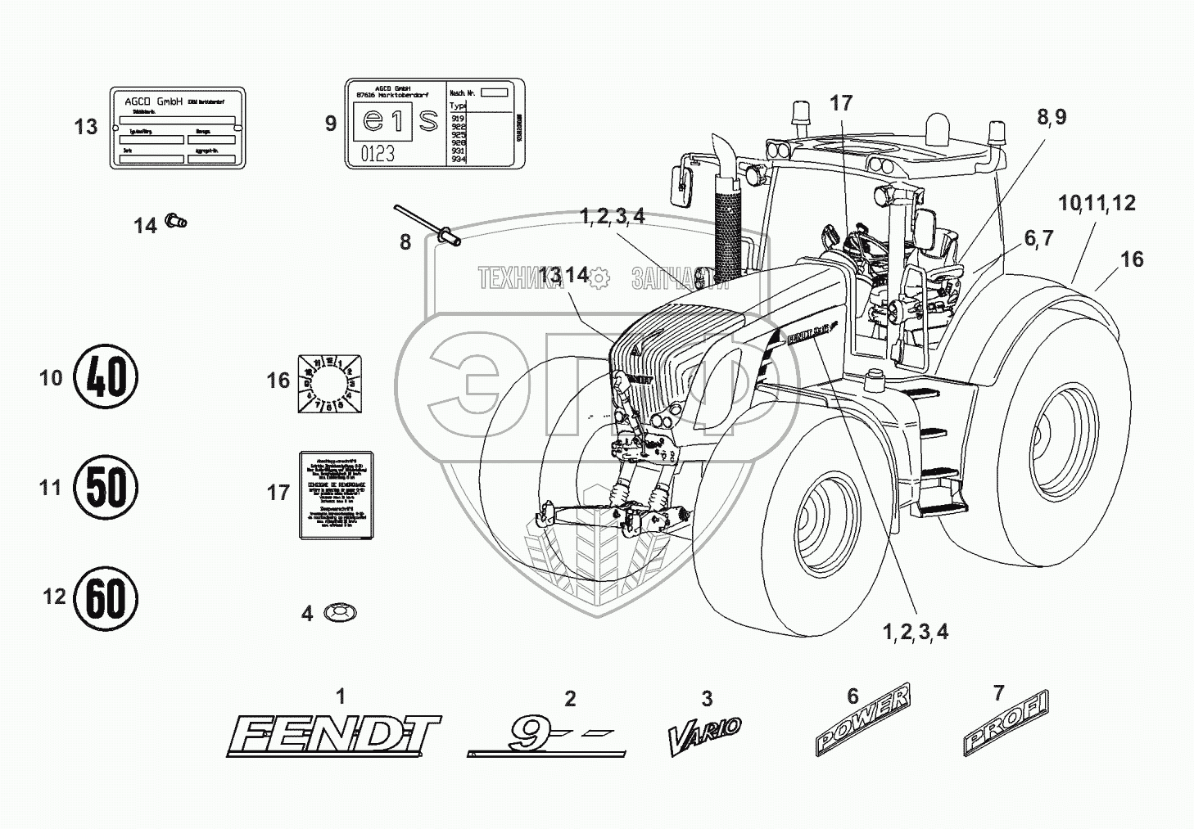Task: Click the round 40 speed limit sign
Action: [106, 378]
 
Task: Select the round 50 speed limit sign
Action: [106, 488]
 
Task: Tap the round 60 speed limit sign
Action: [106, 598]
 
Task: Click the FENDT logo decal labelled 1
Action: [333, 735]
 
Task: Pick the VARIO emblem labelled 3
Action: [705, 734]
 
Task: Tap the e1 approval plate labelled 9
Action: [434, 124]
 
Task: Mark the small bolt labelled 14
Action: [176, 219]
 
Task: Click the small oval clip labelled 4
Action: [341, 612]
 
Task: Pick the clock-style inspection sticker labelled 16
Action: [328, 382]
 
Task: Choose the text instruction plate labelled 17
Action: [333, 493]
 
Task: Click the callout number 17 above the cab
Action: [841, 103]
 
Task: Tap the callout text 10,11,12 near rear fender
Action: [1097, 203]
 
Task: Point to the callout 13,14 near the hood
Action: [565, 275]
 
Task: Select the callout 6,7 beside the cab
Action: [1038, 238]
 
